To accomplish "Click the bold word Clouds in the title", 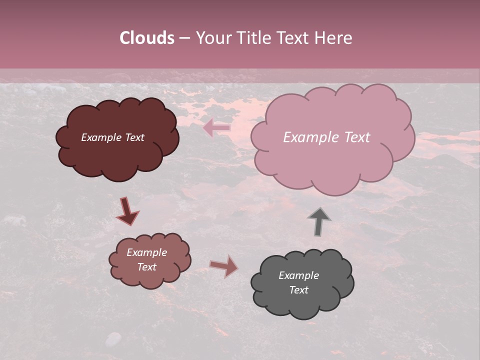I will click(147, 38).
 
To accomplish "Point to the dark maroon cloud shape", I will click(117, 155).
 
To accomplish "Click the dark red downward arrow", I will click(127, 211).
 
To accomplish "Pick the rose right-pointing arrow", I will click(224, 266).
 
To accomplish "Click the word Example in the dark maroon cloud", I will click(101, 137).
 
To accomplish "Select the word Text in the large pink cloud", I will click(356, 137).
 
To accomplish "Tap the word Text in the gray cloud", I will click(298, 290).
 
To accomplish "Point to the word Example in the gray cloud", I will click(298, 275).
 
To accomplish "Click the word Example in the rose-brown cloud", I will click(146, 252).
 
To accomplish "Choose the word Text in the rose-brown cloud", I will click(146, 267).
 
